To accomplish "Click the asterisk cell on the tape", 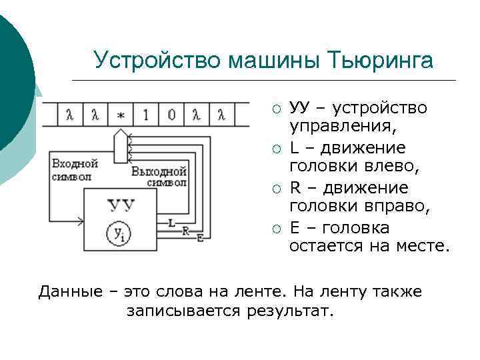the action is click(x=120, y=115).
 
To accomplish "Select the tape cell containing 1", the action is click(x=145, y=115).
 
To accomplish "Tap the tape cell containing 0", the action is click(x=171, y=115).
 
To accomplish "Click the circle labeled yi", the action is click(x=118, y=233).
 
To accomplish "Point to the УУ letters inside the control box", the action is click(x=121, y=205).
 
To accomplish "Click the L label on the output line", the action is click(x=171, y=223).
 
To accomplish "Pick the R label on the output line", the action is click(x=185, y=230).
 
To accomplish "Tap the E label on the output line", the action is click(x=199, y=237).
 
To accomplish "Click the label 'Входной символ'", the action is click(x=74, y=170).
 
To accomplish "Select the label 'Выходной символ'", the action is click(x=159, y=177).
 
